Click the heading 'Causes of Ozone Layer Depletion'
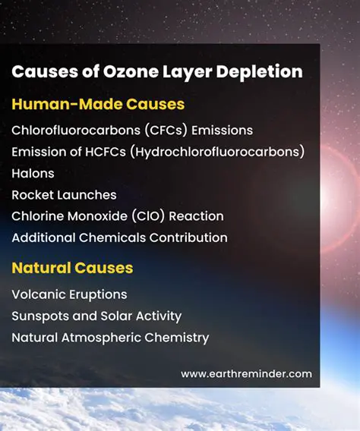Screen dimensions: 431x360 point(156,72)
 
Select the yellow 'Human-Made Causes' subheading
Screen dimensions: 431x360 point(97,104)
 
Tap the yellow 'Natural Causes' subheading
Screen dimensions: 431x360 point(72,268)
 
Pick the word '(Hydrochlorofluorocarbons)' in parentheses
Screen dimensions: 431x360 point(217,152)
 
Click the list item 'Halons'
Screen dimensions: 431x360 point(33,173)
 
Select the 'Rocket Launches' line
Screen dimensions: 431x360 point(64,195)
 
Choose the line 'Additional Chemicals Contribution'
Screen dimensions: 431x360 point(119,238)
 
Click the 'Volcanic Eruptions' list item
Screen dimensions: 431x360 point(69,294)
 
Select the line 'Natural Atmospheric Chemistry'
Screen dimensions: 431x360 point(110,337)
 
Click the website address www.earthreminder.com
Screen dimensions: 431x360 point(246,374)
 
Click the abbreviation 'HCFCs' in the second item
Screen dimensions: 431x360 point(106,152)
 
